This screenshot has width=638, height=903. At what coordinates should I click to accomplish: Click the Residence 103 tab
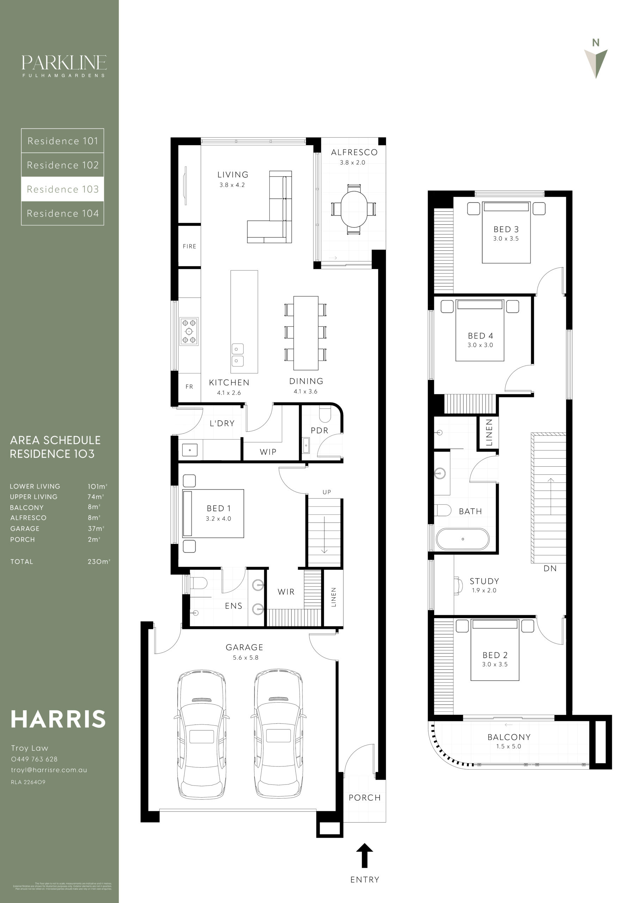(x=62, y=189)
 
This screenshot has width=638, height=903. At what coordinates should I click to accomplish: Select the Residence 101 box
(x=62, y=141)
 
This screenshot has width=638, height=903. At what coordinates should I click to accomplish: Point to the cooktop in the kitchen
(x=189, y=331)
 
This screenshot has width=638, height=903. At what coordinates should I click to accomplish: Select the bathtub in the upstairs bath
(x=463, y=539)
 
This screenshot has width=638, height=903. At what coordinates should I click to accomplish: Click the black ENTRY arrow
(x=364, y=855)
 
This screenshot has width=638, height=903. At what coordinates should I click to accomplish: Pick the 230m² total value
(x=99, y=562)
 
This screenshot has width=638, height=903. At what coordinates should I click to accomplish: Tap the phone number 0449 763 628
(x=34, y=759)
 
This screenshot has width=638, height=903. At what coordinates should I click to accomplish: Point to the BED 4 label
(x=480, y=335)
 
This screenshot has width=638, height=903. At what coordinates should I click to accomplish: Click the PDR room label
(x=319, y=430)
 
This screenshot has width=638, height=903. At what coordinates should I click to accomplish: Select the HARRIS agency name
(x=58, y=719)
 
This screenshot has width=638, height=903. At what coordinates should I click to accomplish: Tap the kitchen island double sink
(x=237, y=354)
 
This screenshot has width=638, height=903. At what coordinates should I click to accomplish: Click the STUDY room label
(x=484, y=581)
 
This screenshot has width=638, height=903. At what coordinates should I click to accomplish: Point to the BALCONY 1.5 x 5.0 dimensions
(x=508, y=746)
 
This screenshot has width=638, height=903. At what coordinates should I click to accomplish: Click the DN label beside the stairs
(x=550, y=568)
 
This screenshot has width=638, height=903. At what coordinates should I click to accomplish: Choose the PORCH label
(x=364, y=798)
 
